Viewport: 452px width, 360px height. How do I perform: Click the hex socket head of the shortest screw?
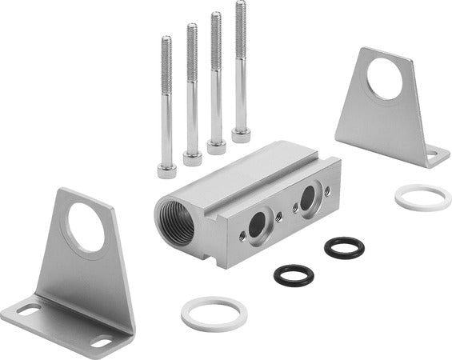coord(167,170)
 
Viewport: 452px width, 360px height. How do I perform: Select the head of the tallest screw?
coord(241,134)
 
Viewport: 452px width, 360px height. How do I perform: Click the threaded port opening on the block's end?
coord(175,221)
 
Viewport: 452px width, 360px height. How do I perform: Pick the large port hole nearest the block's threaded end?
coord(257,226)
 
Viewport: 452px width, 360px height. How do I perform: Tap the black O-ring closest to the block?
coord(344,247)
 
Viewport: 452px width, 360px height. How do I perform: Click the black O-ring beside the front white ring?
coord(294,275)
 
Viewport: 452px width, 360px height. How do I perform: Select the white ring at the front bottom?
coord(214,314)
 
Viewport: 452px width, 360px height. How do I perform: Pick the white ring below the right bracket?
coord(423,197)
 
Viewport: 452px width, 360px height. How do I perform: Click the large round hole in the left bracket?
coord(86,227)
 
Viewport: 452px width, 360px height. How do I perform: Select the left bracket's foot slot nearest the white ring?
coord(102,342)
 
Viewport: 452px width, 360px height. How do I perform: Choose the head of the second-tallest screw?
coord(216,146)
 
